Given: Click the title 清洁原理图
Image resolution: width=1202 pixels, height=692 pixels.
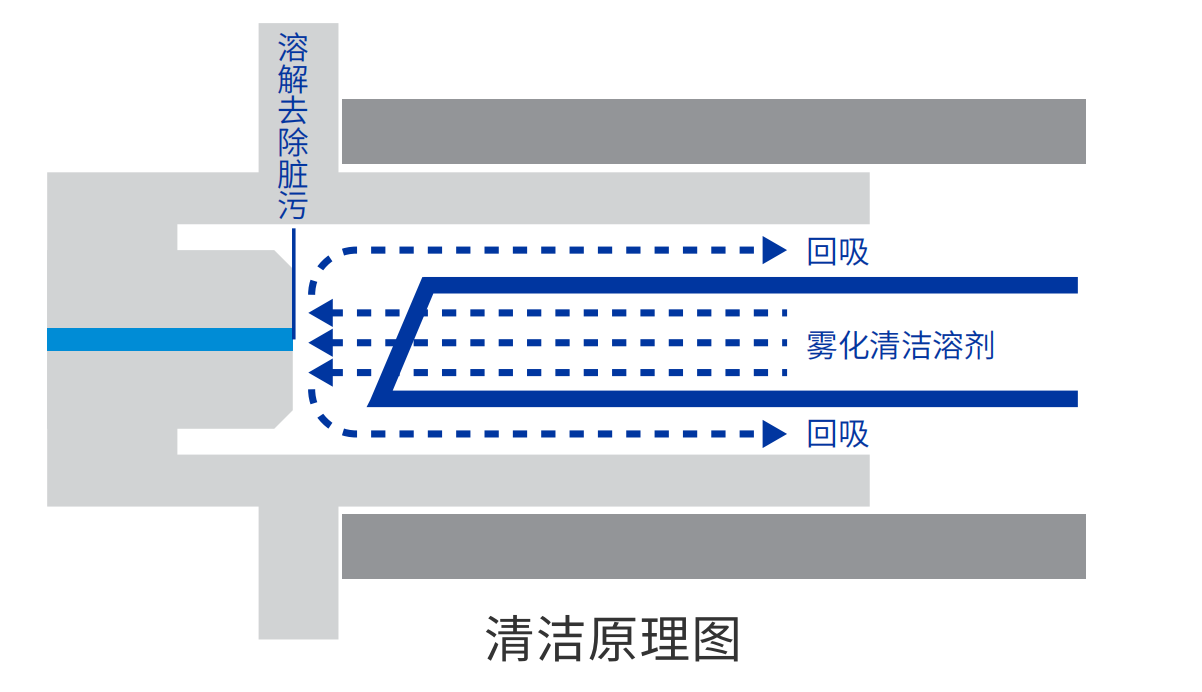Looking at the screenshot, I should click(x=612, y=639).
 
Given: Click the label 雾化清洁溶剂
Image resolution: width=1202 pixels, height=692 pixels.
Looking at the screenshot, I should click(x=900, y=345).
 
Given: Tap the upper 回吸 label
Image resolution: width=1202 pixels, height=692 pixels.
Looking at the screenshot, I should click(x=838, y=252).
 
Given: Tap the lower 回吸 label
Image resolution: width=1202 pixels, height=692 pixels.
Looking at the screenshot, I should click(x=838, y=434).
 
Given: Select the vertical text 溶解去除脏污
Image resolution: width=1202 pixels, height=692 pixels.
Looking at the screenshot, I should click(x=293, y=125).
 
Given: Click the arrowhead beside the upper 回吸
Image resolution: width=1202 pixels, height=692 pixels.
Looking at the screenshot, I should click(x=774, y=250).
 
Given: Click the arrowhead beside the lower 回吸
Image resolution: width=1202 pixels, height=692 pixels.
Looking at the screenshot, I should click(x=774, y=433).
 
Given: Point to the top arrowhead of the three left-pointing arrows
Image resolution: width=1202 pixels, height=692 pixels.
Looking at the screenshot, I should click(x=320, y=313).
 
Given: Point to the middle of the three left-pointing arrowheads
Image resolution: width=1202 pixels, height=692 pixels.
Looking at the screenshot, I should click(x=320, y=343).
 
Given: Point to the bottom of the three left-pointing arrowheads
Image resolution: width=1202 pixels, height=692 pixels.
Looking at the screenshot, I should click(x=320, y=374).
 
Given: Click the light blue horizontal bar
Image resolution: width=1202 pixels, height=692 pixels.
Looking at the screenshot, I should click(x=170, y=339).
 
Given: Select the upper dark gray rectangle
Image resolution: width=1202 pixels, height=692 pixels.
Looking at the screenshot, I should click(x=713, y=131).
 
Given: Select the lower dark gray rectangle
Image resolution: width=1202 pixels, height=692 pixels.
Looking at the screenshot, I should click(x=713, y=546).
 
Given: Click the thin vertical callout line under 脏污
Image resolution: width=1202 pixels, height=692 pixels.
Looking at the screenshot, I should click(x=294, y=285).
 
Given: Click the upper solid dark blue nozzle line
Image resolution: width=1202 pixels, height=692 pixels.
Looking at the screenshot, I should click(x=750, y=285).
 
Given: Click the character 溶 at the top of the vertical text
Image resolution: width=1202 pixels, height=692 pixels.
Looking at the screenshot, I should click(x=293, y=46).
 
